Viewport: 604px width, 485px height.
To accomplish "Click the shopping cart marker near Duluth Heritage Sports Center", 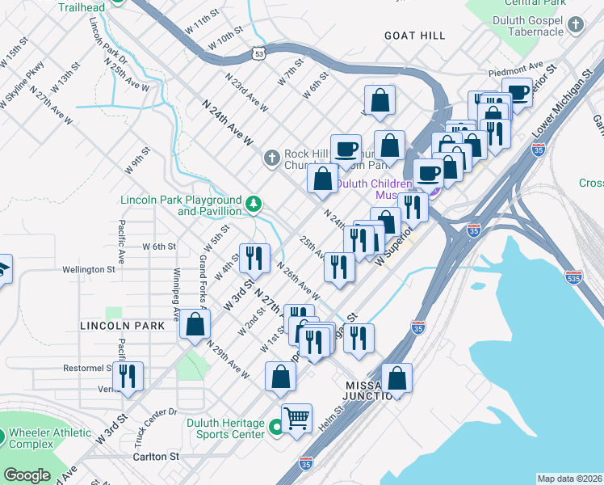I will [296, 418].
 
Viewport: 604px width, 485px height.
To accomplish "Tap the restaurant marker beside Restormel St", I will [128, 377].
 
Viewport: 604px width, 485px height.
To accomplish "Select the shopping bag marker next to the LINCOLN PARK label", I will [195, 324].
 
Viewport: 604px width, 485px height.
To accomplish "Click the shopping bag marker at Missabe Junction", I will [396, 378].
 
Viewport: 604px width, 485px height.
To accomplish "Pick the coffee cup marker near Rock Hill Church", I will [346, 150].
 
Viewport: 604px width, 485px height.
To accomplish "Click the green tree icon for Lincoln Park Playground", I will [254, 205].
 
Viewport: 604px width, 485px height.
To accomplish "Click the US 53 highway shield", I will [259, 54].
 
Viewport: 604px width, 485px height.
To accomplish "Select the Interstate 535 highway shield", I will [574, 276].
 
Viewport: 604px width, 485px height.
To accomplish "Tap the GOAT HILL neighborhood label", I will [414, 36].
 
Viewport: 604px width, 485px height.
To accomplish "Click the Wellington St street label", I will [90, 269].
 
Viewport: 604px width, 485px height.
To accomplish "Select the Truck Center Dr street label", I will [157, 422].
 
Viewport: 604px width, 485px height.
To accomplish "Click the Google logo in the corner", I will [27, 474].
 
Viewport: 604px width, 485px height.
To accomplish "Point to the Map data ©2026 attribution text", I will [568, 479].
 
